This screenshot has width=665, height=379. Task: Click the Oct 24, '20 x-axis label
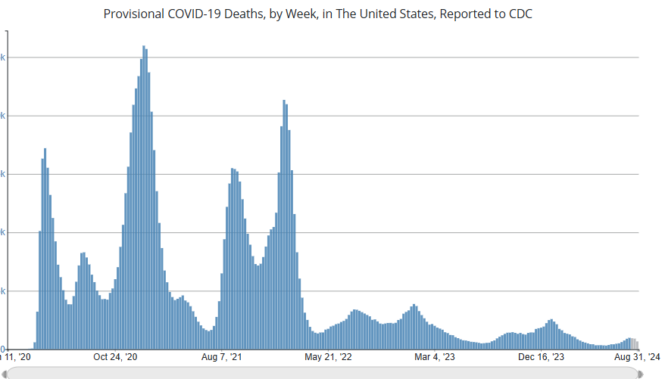pos(115,357)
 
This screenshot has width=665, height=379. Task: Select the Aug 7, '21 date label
pos(221,357)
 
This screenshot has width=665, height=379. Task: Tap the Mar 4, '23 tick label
pos(435,357)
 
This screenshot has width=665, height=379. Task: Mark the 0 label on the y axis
pos(3,349)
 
